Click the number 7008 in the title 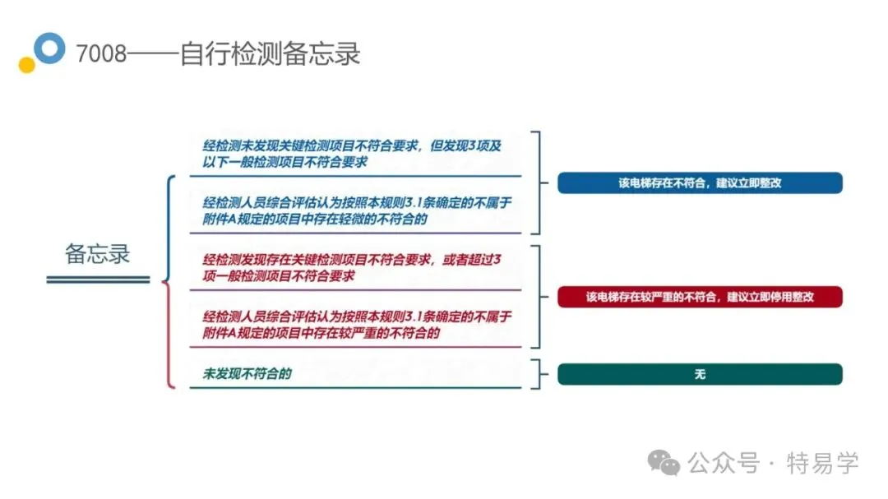[x=102, y=54]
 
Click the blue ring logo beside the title [x=51, y=48]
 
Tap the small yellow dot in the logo [x=26, y=65]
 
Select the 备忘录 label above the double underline [x=98, y=253]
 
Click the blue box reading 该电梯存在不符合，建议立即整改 [x=700, y=183]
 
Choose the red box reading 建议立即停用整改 [x=700, y=297]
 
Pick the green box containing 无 [x=700, y=374]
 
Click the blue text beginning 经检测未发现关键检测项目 [x=352, y=154]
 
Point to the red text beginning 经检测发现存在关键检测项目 [x=352, y=268]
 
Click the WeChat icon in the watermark [x=664, y=463]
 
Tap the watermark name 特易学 [x=822, y=463]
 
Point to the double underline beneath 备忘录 [x=98, y=280]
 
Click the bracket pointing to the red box [x=539, y=297]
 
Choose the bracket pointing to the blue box [x=539, y=183]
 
